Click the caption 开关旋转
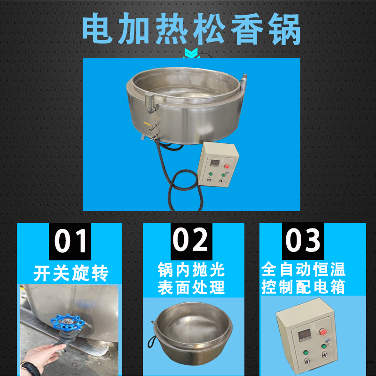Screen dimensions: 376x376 (x=70, y=273)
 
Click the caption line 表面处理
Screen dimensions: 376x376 (x=191, y=287)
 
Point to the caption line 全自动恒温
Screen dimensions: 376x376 (x=304, y=270)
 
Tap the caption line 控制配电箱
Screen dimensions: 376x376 (x=304, y=287)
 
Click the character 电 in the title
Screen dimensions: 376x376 (x=96, y=29)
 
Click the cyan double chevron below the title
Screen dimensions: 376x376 (x=190, y=54)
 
